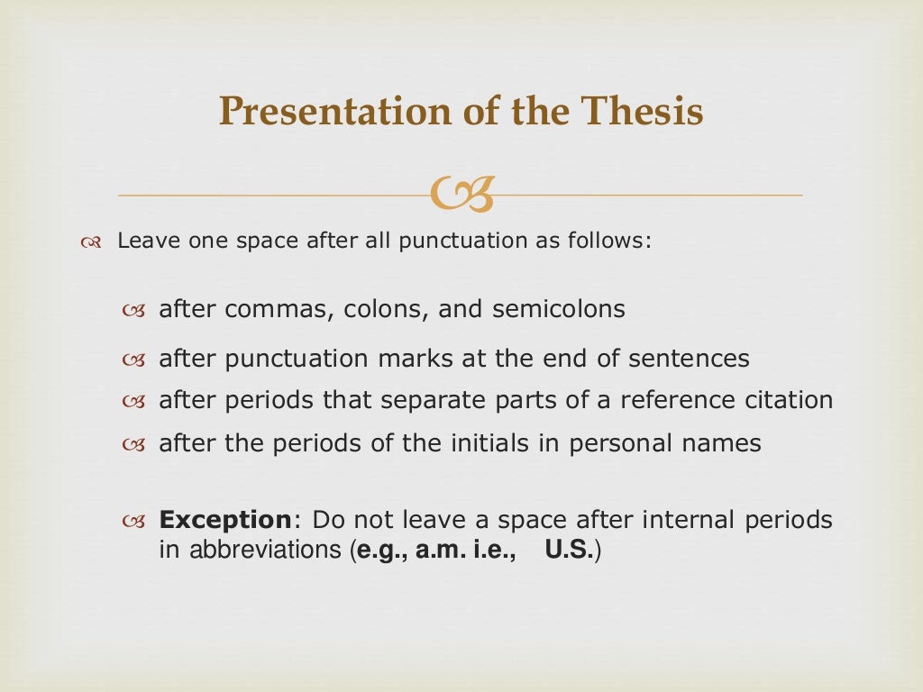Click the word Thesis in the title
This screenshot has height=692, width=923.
pyautogui.click(x=641, y=112)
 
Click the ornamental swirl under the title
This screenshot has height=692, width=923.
pyautogui.click(x=461, y=195)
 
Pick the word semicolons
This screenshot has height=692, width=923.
pyautogui.click(x=559, y=309)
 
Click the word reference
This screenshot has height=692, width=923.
pyautogui.click(x=668, y=399)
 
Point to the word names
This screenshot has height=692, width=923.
pyautogui.click(x=728, y=443)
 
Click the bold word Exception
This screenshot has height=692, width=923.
pyautogui.click(x=224, y=520)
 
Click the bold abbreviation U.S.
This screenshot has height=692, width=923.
pyautogui.click(x=568, y=551)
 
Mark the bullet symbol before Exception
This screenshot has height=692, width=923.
pyautogui.click(x=133, y=521)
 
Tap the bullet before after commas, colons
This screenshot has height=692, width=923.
pyautogui.click(x=133, y=310)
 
